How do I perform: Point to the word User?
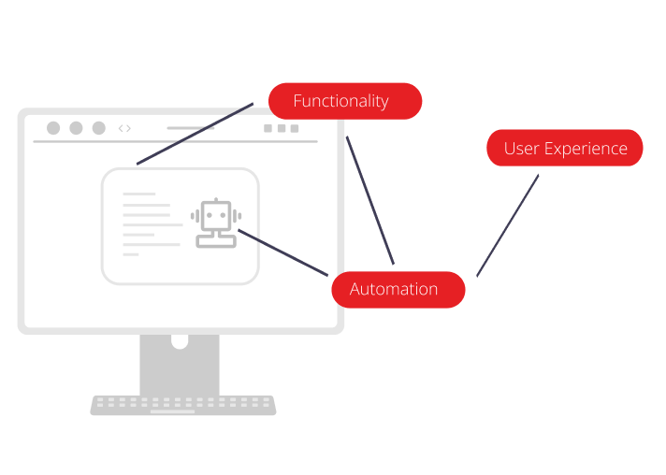520,149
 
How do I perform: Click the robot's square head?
216,217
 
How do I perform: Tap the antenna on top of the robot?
216,200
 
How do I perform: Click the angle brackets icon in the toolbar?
124,128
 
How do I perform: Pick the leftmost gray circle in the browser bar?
53,128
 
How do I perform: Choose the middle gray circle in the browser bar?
76,128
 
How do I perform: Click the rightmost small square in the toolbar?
295,128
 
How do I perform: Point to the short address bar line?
191,128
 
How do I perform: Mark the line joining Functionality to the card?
195,134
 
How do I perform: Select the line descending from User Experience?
508,224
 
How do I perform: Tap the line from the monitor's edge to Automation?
369,200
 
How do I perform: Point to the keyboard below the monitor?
183,405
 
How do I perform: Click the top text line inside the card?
139,194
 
